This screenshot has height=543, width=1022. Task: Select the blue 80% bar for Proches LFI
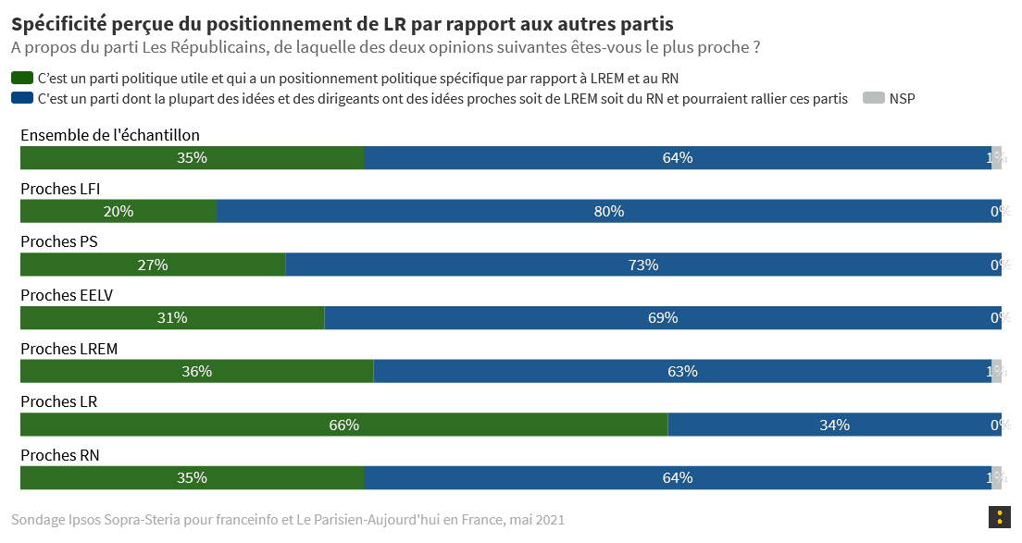[x=602, y=211]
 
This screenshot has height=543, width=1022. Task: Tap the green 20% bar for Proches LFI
[x=118, y=211]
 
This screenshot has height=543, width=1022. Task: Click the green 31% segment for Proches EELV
[x=172, y=318]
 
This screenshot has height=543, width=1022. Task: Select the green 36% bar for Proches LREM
[x=196, y=372]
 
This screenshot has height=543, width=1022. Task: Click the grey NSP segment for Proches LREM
[x=997, y=372]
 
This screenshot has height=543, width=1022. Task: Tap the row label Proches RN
[x=59, y=455]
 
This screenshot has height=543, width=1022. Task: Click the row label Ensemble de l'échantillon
[x=110, y=135]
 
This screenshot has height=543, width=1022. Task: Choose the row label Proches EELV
[x=67, y=295]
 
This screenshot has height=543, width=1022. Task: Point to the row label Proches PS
[x=59, y=241]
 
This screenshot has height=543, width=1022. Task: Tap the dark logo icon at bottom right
[x=999, y=518]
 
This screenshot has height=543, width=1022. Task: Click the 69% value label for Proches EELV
[x=663, y=318]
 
